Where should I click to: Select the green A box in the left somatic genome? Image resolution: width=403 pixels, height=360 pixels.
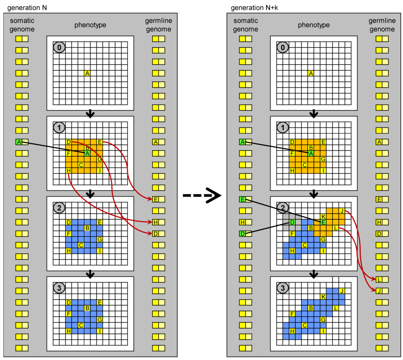point(19,142)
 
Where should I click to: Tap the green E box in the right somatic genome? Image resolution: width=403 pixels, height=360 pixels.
point(242,199)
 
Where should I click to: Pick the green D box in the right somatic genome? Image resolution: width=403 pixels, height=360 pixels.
point(242,234)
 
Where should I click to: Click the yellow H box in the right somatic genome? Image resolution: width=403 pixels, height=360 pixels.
point(242,222)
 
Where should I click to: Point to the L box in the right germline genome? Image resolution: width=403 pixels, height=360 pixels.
point(379,279)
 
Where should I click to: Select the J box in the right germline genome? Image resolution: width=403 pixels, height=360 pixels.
point(379,291)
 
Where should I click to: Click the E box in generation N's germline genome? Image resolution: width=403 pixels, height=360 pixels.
point(156,199)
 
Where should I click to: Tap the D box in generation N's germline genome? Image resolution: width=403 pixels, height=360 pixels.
point(156,234)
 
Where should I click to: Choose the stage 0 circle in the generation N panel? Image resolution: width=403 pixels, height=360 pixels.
point(59,47)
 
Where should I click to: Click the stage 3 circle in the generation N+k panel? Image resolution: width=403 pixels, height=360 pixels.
point(282,288)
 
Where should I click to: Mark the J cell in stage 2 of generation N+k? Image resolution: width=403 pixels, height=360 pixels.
point(342,211)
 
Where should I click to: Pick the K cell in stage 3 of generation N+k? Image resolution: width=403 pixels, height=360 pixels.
point(324,297)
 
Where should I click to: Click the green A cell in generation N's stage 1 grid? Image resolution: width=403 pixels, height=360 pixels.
point(87,153)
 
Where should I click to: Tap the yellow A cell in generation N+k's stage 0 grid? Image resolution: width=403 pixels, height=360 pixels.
point(311,73)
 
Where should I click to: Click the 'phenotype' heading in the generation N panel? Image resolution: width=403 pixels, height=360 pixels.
point(90,25)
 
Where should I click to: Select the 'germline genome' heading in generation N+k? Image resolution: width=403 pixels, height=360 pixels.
point(382,25)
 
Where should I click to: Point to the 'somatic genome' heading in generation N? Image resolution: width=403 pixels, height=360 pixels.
point(22,25)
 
